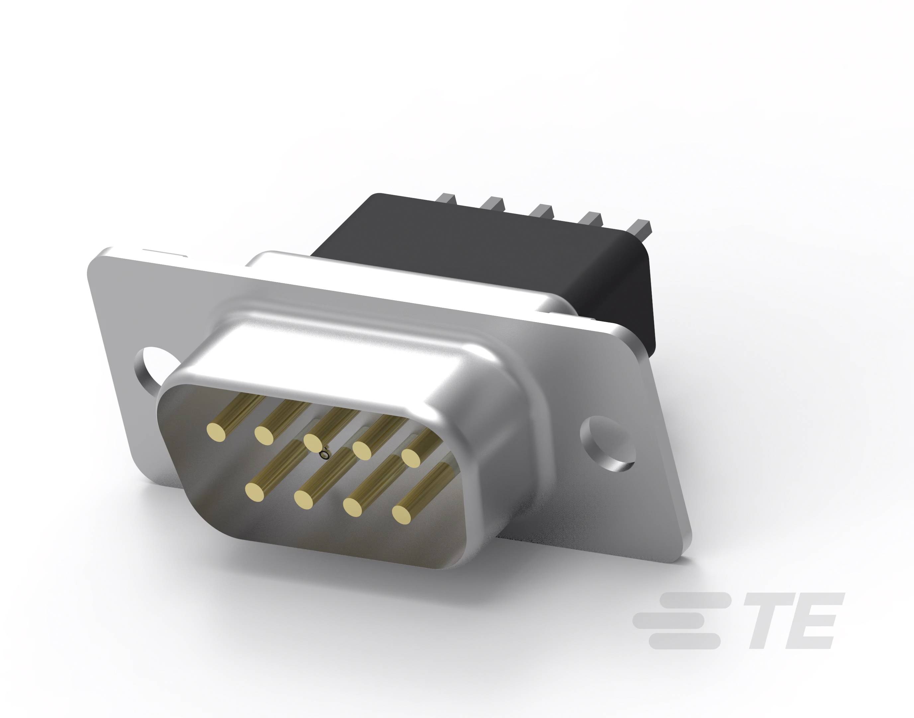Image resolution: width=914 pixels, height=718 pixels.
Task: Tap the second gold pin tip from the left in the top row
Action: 264,435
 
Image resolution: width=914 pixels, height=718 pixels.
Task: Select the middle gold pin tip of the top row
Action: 313,442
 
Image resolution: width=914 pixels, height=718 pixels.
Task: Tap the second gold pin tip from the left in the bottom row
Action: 304,499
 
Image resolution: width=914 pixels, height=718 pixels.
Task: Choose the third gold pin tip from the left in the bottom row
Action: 353,507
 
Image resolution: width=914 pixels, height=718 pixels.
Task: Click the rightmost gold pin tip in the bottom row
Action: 402,514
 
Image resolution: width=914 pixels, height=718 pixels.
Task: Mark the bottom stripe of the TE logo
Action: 685,642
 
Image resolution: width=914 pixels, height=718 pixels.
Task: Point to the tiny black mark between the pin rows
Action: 324,454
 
